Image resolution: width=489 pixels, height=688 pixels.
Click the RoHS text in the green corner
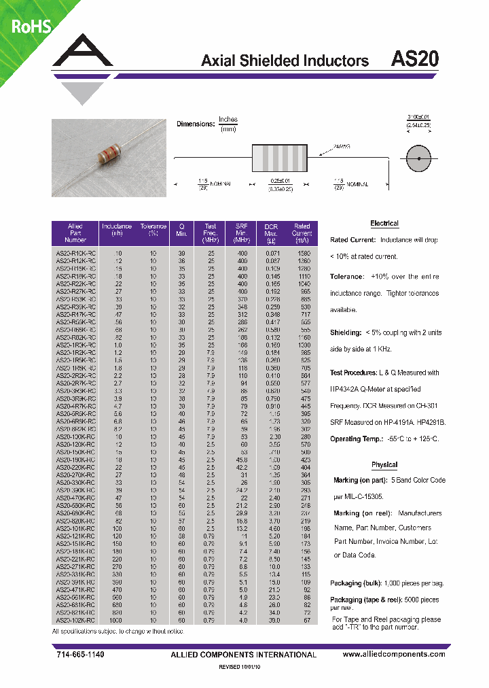pos(30,27)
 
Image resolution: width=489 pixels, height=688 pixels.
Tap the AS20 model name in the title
pos(415,59)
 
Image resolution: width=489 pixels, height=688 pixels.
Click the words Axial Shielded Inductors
pos(285,61)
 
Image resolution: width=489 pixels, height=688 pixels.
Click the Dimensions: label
pos(196,124)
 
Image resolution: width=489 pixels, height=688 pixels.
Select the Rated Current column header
pos(302,233)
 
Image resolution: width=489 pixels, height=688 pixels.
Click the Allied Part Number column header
pos(75,233)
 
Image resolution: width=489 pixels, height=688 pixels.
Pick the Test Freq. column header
pos(210,233)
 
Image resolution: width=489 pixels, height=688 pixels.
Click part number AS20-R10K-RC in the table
pos(75,253)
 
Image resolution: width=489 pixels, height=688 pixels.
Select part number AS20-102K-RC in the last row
pos(75,620)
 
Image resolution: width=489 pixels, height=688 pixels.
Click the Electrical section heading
pos(384,224)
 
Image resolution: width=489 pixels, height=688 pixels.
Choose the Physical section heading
pos(384,465)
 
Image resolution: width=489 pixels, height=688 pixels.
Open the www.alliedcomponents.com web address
pos(394,654)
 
